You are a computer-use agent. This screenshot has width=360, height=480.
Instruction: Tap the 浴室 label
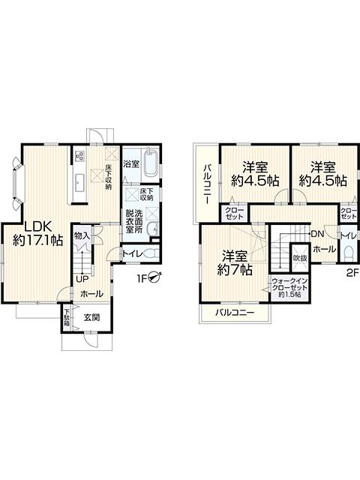[x=130, y=162]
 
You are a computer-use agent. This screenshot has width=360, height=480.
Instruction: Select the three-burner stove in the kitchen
[x=79, y=157]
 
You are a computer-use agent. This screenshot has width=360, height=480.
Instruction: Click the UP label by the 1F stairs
[x=80, y=280]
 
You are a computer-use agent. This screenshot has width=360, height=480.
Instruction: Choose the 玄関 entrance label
[x=91, y=317]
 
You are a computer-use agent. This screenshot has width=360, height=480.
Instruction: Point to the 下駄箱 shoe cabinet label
[x=66, y=319]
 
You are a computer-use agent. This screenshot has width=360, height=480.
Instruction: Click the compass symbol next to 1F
[x=154, y=277]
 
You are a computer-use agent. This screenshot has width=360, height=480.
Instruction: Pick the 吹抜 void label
[x=299, y=257]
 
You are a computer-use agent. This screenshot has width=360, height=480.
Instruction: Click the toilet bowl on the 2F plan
[x=346, y=251]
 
